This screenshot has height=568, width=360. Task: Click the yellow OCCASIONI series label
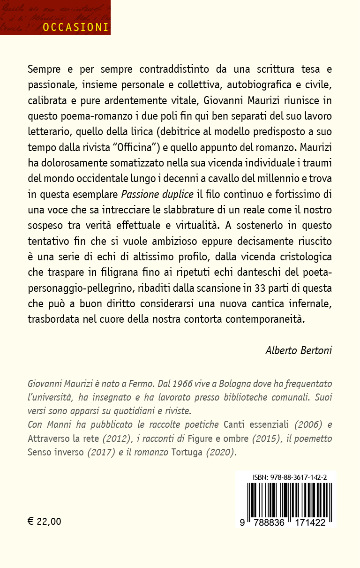pos(75,27)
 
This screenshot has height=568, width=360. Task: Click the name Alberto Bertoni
pos(299,350)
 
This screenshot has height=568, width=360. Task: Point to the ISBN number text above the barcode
pos(290,477)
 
